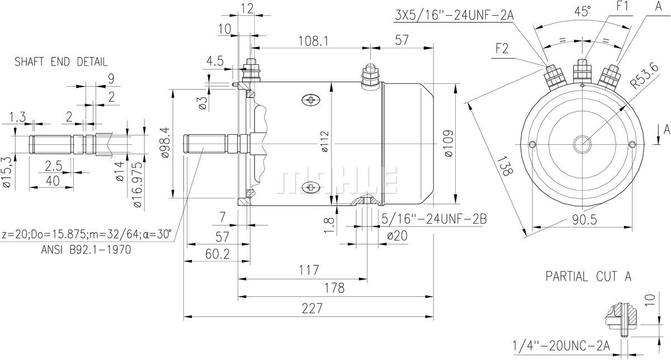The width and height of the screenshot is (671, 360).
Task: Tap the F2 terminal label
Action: pyautogui.click(x=502, y=49)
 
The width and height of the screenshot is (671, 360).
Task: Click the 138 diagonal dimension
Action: pyautogui.click(x=504, y=166)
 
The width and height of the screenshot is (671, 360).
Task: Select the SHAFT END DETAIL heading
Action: pyautogui.click(x=61, y=62)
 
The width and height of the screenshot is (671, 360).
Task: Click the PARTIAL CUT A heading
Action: pyautogui.click(x=589, y=276)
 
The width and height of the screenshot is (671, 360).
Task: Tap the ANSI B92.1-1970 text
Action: pyautogui.click(x=86, y=250)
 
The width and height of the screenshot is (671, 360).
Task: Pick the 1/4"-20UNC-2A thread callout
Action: pyautogui.click(x=561, y=344)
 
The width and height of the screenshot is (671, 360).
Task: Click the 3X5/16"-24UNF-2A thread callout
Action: pyautogui.click(x=454, y=15)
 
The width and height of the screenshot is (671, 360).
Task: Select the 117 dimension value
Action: pyautogui.click(x=309, y=270)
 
